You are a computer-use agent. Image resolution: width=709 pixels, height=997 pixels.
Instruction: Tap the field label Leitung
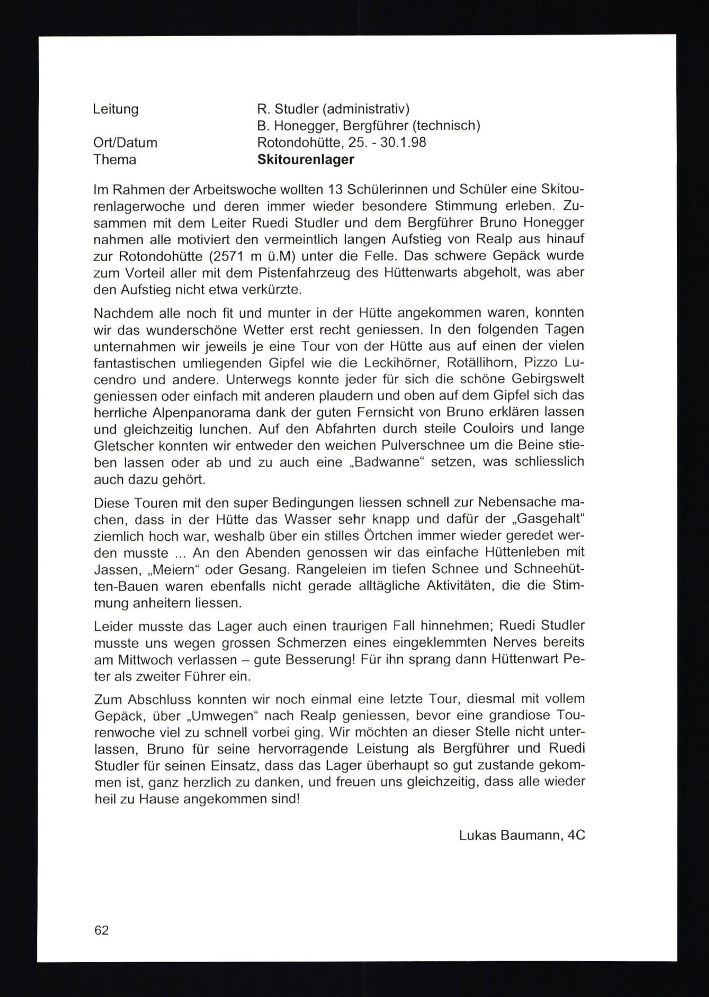(116, 109)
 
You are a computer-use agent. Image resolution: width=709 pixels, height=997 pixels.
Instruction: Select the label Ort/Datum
(125, 143)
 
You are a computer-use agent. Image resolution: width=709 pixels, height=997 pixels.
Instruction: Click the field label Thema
(115, 160)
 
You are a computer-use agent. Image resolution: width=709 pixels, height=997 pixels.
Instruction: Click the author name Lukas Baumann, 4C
(522, 835)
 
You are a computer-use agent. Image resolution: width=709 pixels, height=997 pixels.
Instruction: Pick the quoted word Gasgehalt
(548, 520)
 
